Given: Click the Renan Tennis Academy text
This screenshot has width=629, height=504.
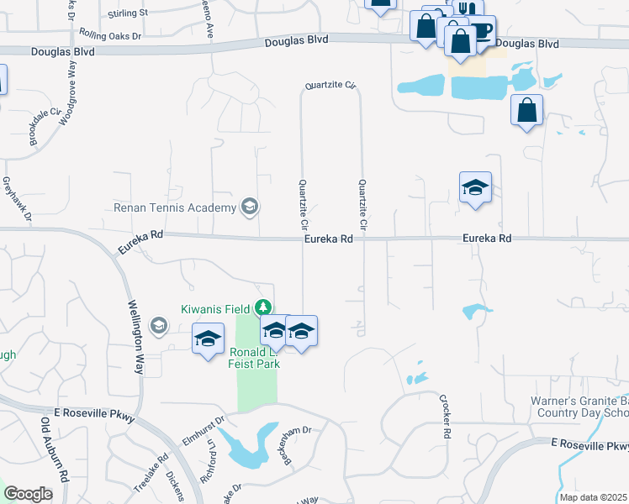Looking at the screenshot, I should (x=176, y=207).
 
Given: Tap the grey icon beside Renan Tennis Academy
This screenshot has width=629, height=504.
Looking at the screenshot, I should (x=249, y=206).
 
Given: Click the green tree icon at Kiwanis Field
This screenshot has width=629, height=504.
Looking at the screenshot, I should (x=264, y=308).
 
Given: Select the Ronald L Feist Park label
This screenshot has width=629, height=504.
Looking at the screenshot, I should (x=253, y=358).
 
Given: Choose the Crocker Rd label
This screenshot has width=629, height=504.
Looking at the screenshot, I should (x=442, y=417).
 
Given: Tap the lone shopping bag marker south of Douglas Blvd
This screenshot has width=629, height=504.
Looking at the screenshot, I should (x=526, y=110).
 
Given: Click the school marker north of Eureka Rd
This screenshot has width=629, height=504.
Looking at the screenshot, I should (x=475, y=187).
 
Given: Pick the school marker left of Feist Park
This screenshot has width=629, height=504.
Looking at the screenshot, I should (x=208, y=339).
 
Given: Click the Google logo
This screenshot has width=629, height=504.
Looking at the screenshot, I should (x=28, y=494).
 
